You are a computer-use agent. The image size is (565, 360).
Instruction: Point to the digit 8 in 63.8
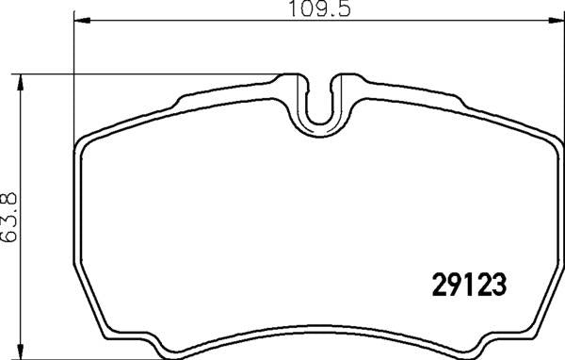pos(12,195)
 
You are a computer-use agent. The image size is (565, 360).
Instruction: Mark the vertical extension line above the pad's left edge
pos(73,75)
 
